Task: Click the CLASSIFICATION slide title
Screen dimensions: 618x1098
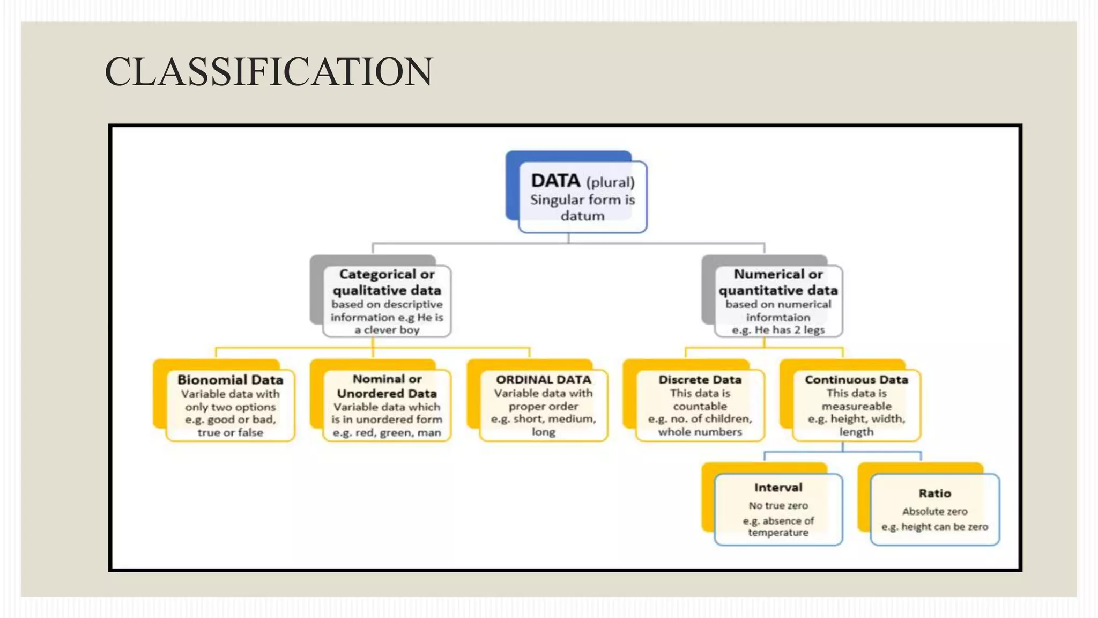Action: tap(269, 72)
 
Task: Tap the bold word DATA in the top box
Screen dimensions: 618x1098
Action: tap(555, 181)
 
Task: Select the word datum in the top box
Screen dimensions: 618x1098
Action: tap(582, 216)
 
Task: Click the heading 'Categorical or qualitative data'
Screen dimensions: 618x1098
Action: tap(387, 282)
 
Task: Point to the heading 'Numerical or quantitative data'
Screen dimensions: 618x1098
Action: tap(778, 282)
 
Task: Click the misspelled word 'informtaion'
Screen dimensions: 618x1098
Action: tap(778, 317)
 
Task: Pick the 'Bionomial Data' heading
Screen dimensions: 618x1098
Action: tap(230, 380)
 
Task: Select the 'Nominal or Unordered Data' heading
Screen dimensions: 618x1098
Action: tap(387, 386)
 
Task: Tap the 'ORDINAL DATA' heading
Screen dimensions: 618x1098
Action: tap(543, 380)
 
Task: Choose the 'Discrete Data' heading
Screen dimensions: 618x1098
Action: tap(700, 380)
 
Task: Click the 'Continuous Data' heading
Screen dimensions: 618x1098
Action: tap(856, 380)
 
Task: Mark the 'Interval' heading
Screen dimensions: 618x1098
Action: tap(778, 488)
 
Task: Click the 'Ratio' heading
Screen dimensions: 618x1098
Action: tap(934, 494)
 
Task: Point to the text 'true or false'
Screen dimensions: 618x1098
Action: tap(230, 432)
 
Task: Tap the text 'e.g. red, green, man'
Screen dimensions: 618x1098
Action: tap(387, 432)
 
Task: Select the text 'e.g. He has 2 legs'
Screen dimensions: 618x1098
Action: tap(778, 330)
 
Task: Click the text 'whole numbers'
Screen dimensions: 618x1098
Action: tap(700, 432)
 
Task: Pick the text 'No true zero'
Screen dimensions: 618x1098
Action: tap(778, 506)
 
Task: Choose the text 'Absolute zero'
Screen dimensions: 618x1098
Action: tap(934, 512)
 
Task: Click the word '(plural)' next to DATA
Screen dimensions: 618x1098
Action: tap(610, 182)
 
